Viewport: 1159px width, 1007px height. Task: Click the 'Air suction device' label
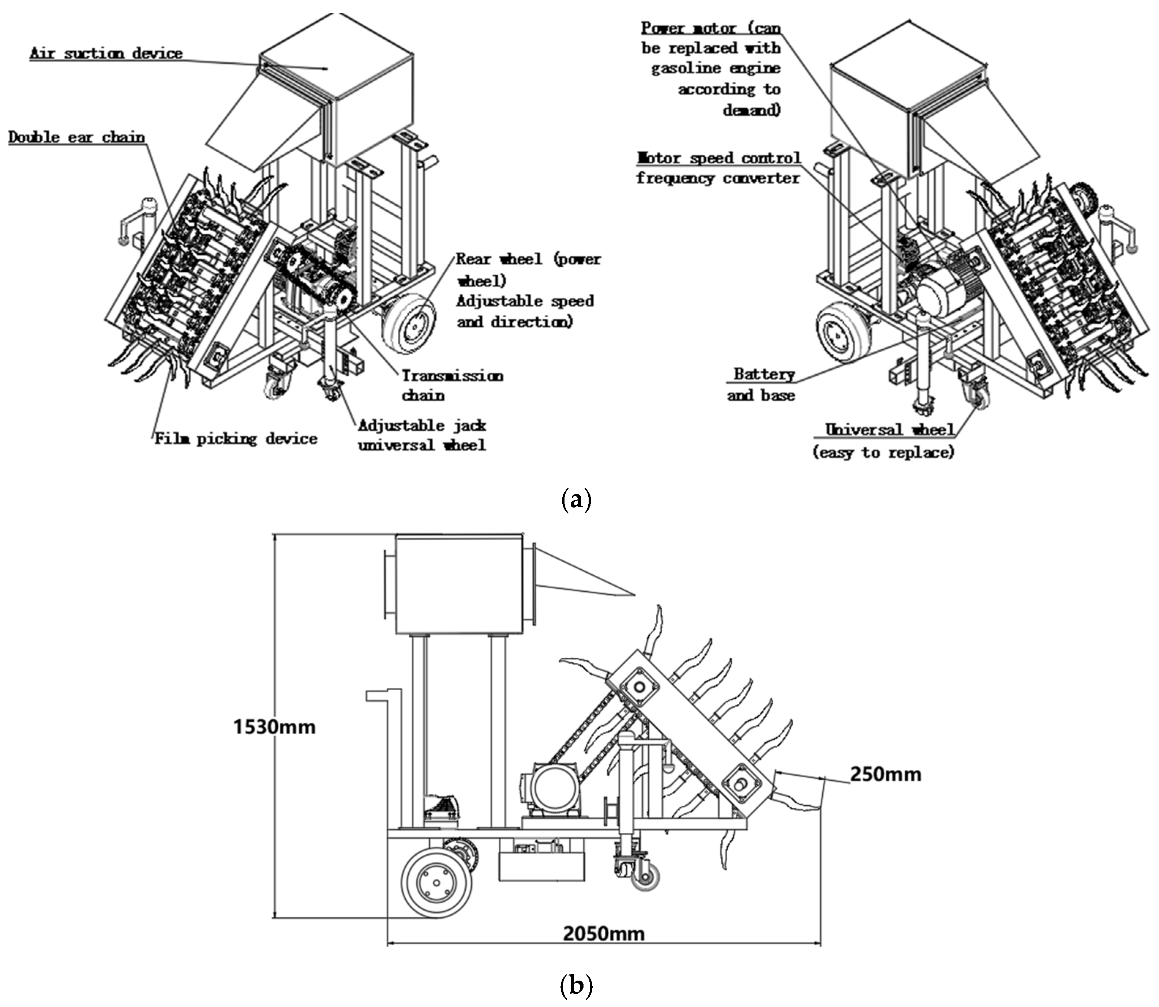point(106,53)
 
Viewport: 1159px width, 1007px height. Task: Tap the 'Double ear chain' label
point(76,137)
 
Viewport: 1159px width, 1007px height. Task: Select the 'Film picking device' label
point(236,438)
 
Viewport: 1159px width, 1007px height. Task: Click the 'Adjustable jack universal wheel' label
point(422,435)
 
